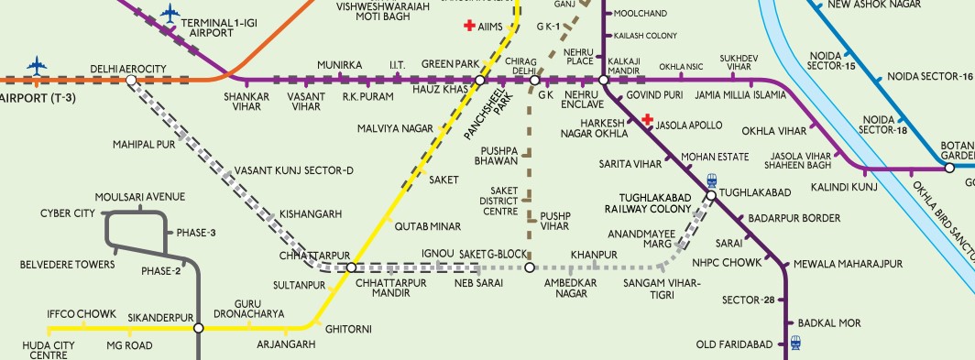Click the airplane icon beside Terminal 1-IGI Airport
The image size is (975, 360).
point(170,13)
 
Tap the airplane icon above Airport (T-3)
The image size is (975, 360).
point(38,66)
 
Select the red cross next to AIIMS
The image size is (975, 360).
point(471,27)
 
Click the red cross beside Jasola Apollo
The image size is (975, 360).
point(648,120)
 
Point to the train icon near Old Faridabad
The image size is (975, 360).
point(795,344)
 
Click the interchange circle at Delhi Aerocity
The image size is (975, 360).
point(131,81)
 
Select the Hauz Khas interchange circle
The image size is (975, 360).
point(479,82)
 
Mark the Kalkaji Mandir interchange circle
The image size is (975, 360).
point(604,82)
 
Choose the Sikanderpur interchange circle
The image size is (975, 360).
point(198,327)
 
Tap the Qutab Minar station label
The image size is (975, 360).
point(424,225)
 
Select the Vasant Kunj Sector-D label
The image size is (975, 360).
point(293,171)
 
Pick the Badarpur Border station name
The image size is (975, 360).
point(794,218)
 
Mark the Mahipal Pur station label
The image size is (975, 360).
point(144,145)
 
